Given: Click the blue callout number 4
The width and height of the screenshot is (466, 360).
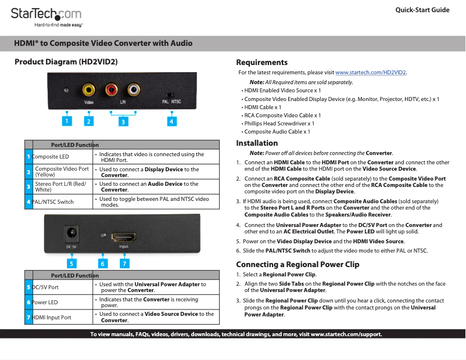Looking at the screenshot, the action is point(171,121).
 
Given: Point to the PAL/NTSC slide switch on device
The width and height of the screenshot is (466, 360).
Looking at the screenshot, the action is point(170,94).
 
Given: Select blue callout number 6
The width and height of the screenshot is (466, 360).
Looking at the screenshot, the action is point(102,263).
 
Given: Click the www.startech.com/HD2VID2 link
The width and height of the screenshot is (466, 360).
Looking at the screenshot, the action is point(371,73).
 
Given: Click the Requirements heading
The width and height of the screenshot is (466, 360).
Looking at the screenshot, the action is point(261,62).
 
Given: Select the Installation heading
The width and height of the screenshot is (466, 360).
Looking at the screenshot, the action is point(257,143).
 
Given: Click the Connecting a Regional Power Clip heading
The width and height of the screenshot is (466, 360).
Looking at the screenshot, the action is point(297,264).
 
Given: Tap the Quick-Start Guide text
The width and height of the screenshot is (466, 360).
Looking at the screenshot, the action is point(422,10).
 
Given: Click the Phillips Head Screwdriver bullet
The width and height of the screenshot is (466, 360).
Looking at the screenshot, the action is point(279,124).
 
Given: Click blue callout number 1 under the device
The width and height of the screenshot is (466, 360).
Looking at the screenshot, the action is point(67,121).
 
